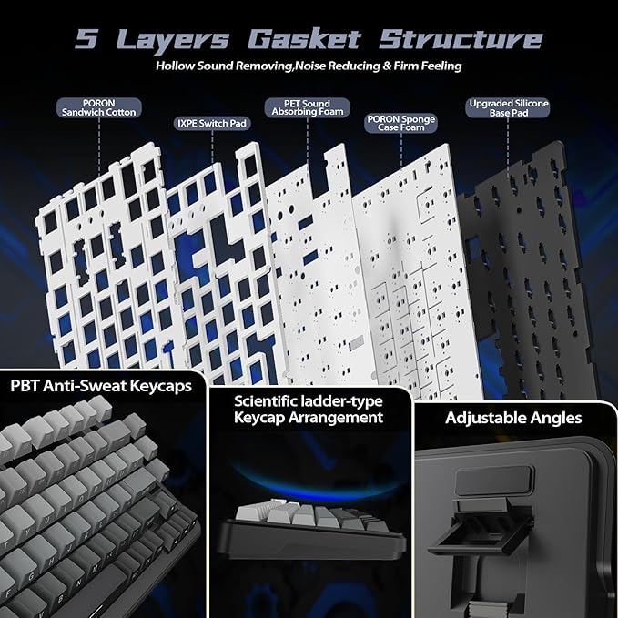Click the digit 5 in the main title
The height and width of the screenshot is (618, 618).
[86, 39]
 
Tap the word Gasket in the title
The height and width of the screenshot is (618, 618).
[304, 39]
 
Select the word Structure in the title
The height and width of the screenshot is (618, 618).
[461, 39]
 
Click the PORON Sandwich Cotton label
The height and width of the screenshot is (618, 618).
[99, 108]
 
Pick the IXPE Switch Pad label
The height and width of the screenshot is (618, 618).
[212, 124]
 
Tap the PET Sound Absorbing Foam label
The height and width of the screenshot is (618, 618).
[308, 107]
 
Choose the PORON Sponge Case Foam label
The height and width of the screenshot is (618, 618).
[400, 124]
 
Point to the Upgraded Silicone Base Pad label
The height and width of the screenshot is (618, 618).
[509, 108]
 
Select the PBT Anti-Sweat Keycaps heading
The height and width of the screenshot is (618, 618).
[101, 386]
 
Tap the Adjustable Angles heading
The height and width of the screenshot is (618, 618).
[513, 418]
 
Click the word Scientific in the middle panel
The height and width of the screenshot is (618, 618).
[265, 401]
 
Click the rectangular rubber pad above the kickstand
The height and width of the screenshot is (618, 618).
[494, 481]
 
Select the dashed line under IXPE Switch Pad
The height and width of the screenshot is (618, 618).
[212, 147]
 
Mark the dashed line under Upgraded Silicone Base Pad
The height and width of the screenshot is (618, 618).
[508, 147]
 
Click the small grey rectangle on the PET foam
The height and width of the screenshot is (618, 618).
[356, 342]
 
